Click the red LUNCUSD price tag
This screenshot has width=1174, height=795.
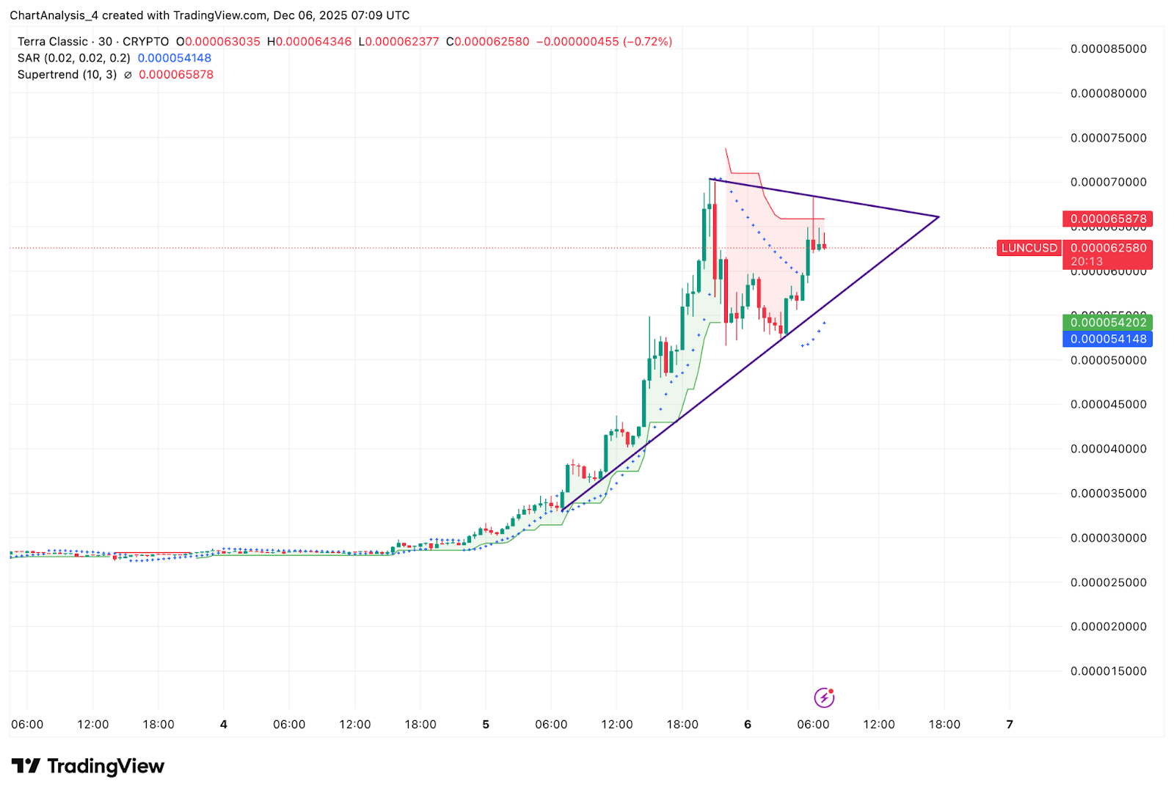click(1029, 248)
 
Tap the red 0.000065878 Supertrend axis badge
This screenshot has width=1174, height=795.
click(1108, 219)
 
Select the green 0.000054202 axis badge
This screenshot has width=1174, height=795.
click(1108, 323)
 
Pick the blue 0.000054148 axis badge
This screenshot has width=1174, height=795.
click(1108, 339)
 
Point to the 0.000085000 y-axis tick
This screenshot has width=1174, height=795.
click(1108, 49)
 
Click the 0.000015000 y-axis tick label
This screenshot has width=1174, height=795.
click(1108, 671)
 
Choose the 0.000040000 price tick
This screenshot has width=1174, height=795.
click(1108, 449)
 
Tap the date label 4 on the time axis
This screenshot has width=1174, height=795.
click(224, 725)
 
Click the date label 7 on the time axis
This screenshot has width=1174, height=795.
click(1010, 725)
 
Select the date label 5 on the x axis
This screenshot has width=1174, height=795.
click(486, 725)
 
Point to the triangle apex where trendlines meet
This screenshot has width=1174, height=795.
click(938, 216)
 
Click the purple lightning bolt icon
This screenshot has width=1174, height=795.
click(824, 697)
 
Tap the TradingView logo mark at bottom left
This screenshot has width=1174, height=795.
click(26, 766)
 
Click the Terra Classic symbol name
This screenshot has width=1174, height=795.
click(53, 42)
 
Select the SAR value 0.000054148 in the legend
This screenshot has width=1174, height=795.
click(175, 58)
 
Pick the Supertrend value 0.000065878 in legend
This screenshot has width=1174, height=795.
click(176, 75)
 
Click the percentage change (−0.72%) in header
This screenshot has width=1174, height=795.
click(647, 42)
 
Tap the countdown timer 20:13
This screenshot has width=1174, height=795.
click(1086, 261)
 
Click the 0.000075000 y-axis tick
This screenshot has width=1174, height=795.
click(1108, 138)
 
